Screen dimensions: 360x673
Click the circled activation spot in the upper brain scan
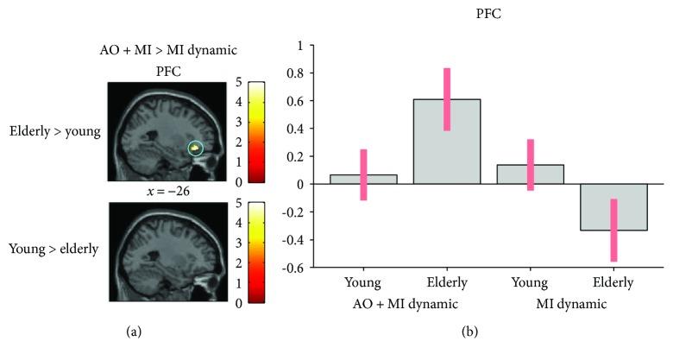pos(196,149)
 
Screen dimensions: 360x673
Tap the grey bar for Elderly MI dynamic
pos(613,207)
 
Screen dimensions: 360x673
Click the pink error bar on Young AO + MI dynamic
pos(363,174)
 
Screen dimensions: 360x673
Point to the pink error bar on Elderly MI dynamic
pos(613,230)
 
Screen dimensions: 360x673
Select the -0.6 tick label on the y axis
pos(295,268)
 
